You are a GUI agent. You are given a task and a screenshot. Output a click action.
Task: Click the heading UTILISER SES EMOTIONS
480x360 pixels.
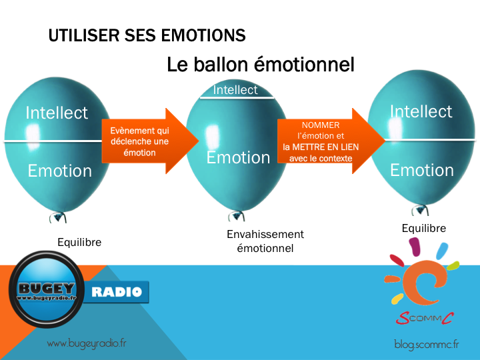coord(147,35)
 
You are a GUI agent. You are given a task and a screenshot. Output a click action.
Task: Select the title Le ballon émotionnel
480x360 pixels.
coord(261,65)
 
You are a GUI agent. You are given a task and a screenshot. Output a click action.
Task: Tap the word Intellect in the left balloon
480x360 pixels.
coord(57,113)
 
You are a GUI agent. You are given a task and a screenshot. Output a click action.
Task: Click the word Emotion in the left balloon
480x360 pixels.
coord(60,171)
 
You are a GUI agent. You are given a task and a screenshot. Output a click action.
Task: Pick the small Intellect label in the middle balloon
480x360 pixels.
coord(235,90)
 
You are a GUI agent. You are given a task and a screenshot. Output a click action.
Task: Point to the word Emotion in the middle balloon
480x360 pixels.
coord(238,157)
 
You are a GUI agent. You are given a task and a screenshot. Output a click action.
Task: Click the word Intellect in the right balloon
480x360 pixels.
coord(421,111)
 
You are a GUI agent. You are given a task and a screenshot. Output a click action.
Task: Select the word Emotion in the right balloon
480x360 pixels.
coord(422,170)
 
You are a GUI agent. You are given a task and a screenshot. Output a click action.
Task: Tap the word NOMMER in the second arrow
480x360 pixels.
coord(321,125)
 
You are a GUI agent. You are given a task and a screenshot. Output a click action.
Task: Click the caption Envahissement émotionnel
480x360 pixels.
coord(265,241)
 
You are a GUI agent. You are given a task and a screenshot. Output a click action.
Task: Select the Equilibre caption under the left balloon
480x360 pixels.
coord(79,242)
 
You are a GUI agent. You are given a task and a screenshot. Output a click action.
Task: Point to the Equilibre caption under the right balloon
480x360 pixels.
coord(424,229)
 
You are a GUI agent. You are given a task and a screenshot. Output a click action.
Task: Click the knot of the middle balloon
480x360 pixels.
coord(236,215)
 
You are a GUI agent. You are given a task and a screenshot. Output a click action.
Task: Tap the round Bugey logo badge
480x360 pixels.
coord(47,289)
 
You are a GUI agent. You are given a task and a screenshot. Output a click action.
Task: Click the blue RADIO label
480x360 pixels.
coord(116,292)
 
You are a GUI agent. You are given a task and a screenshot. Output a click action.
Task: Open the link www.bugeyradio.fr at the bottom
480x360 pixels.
coord(87,343)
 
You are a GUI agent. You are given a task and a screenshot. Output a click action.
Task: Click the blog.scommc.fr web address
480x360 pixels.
coord(427,345)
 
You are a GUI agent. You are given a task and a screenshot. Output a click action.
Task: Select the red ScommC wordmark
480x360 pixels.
coord(424,319)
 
